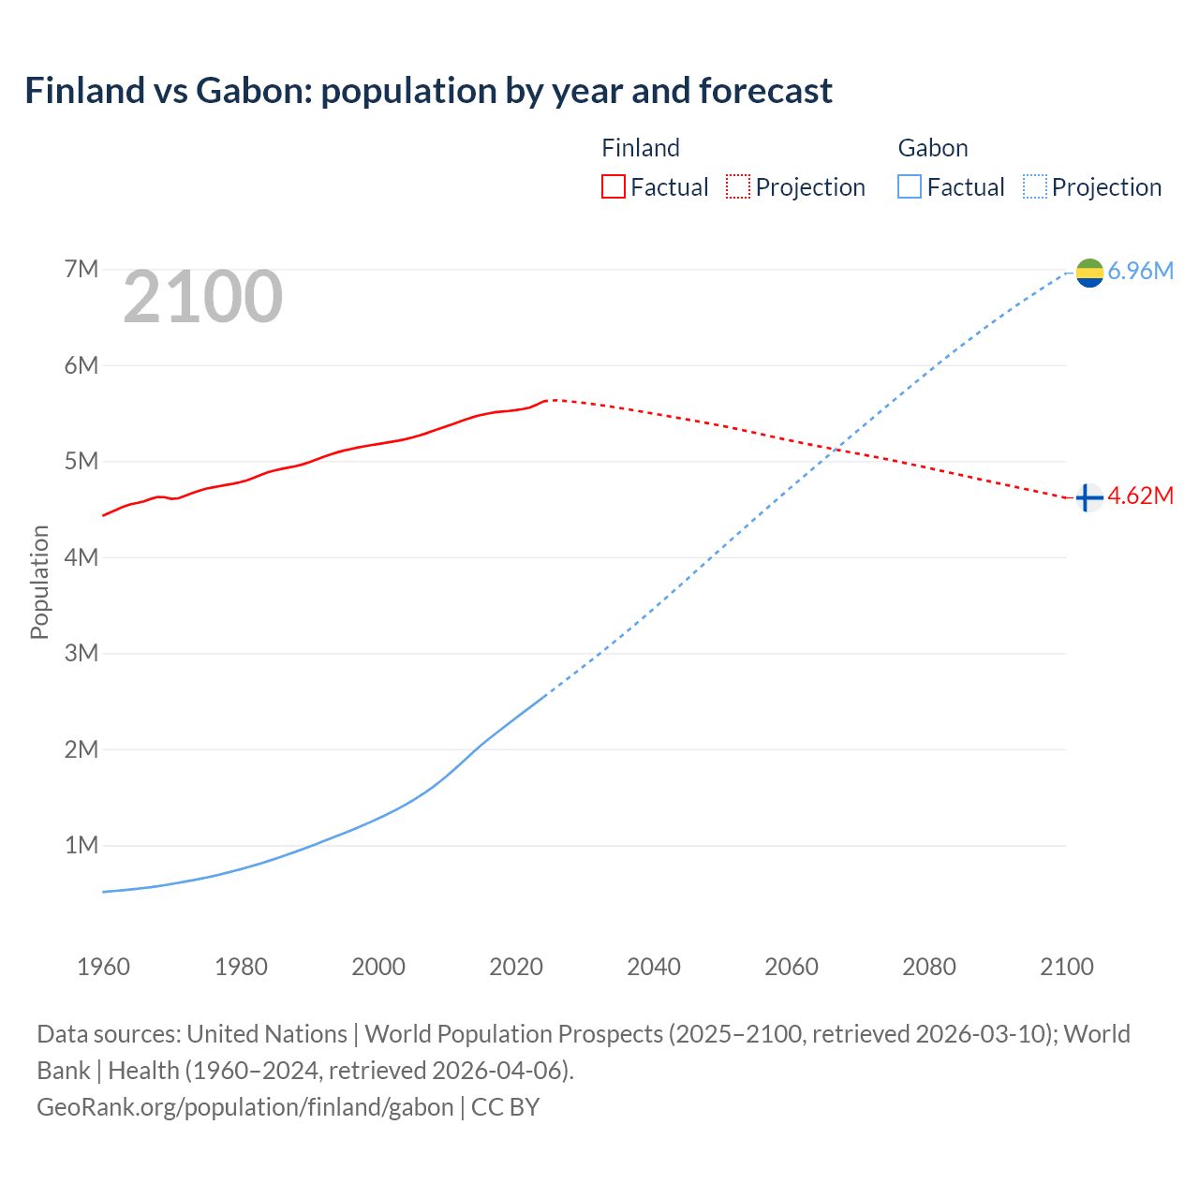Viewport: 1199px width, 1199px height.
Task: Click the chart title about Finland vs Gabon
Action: [428, 91]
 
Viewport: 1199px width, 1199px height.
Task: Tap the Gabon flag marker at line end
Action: [1089, 273]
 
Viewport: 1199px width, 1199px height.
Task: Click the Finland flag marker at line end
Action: [1088, 497]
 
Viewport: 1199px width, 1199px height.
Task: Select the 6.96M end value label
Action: [1140, 272]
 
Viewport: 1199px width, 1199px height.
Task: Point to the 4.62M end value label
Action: [1140, 496]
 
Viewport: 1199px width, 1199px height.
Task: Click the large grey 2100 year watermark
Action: [202, 297]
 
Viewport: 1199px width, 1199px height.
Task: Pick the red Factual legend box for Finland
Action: [613, 186]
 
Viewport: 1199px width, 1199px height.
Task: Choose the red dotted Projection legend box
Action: [738, 186]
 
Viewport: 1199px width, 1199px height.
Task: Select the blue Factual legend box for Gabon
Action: [910, 186]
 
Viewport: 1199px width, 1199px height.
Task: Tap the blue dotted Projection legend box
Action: [1035, 186]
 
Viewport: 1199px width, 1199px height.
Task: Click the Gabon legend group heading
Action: [932, 148]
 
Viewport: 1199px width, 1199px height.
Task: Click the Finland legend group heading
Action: [640, 148]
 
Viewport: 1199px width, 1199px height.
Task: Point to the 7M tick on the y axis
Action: [81, 270]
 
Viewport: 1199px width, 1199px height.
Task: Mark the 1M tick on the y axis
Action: [81, 846]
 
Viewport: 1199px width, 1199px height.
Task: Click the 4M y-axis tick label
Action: [81, 557]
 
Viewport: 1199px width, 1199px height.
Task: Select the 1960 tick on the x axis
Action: [103, 967]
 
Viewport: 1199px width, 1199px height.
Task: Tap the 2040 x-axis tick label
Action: [654, 967]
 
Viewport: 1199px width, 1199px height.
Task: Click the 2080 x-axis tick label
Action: [929, 967]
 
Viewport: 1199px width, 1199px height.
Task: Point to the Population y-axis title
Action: [39, 582]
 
